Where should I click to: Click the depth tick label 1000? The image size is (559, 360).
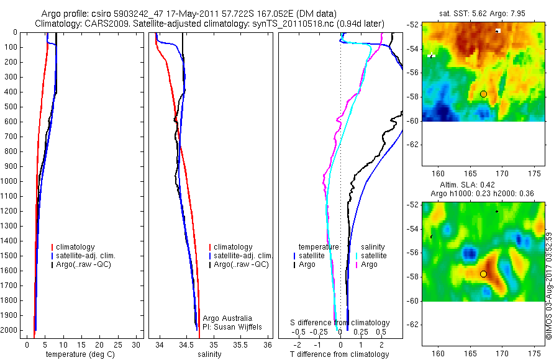tap(10, 181)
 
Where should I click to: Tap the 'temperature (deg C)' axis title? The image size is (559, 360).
tap(80, 354)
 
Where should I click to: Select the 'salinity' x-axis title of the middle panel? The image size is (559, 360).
tap(208, 354)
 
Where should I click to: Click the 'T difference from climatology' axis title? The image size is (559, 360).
tap(339, 354)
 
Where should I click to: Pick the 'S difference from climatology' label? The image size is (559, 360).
tap(340, 323)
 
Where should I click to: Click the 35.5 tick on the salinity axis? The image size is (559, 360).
tap(240, 344)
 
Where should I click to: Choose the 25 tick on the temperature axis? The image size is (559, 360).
tap(119, 344)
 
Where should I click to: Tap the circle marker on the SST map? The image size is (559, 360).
tap(483, 94)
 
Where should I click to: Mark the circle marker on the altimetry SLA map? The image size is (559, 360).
tap(483, 274)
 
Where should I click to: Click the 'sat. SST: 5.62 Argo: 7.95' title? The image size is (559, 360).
tap(483, 14)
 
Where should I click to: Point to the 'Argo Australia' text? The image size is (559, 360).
tap(227, 318)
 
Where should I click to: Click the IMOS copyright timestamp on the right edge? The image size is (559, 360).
tap(548, 286)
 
